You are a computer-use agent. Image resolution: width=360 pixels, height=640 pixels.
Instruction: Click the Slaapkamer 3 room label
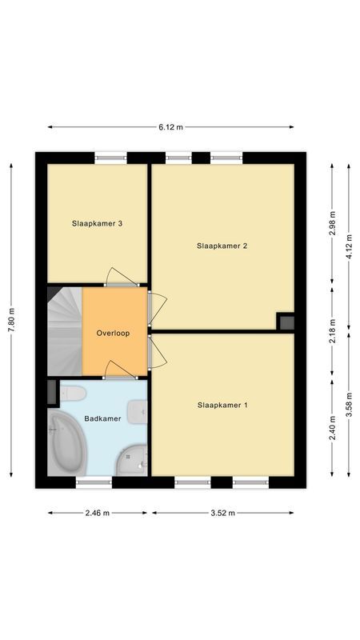[97, 223]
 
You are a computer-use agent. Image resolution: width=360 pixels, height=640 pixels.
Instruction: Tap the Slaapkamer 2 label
[222, 246]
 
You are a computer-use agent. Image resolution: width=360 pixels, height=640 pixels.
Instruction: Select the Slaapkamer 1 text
[222, 406]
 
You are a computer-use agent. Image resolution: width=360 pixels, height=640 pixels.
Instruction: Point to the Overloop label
[113, 333]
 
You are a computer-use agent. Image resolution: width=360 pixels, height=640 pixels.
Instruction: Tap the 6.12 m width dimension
[170, 126]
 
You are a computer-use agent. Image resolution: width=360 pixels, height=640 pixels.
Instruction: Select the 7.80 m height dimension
[12, 321]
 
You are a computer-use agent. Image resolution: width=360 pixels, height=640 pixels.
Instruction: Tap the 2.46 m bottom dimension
[97, 513]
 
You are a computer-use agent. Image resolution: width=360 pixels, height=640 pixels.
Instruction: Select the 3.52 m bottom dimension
[222, 513]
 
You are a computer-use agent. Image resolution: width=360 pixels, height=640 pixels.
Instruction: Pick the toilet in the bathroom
[74, 394]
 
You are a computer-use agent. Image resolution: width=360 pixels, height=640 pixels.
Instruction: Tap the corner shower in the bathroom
[131, 459]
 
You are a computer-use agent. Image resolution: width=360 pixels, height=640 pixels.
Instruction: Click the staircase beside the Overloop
[65, 331]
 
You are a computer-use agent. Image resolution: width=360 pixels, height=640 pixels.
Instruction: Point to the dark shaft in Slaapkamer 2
[286, 322]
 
